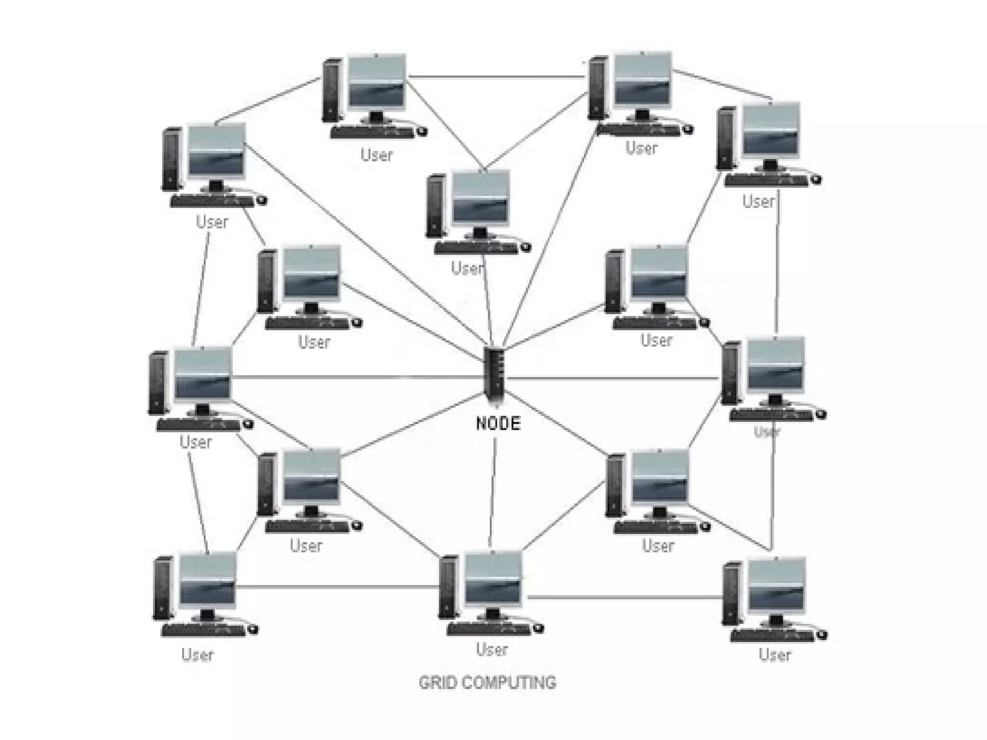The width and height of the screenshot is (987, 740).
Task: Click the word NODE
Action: tap(498, 423)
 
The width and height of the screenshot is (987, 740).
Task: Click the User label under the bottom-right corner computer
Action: tap(774, 655)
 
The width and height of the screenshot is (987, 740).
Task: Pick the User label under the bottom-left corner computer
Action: tap(197, 655)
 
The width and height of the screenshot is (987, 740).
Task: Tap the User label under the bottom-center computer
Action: tap(492, 649)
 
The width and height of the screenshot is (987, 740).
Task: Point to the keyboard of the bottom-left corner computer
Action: tap(204, 630)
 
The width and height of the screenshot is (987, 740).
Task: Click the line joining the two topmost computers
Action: tap(496, 77)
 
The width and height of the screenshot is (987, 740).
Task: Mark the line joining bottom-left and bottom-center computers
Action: tap(337, 586)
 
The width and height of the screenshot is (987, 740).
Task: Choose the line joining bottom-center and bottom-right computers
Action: tap(627, 597)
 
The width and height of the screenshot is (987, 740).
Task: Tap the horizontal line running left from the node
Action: tap(357, 377)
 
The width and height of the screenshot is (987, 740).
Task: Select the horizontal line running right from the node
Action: tap(612, 379)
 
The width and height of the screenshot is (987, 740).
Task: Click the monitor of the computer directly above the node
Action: tap(481, 198)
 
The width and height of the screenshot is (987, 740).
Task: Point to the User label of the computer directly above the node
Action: tap(467, 268)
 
